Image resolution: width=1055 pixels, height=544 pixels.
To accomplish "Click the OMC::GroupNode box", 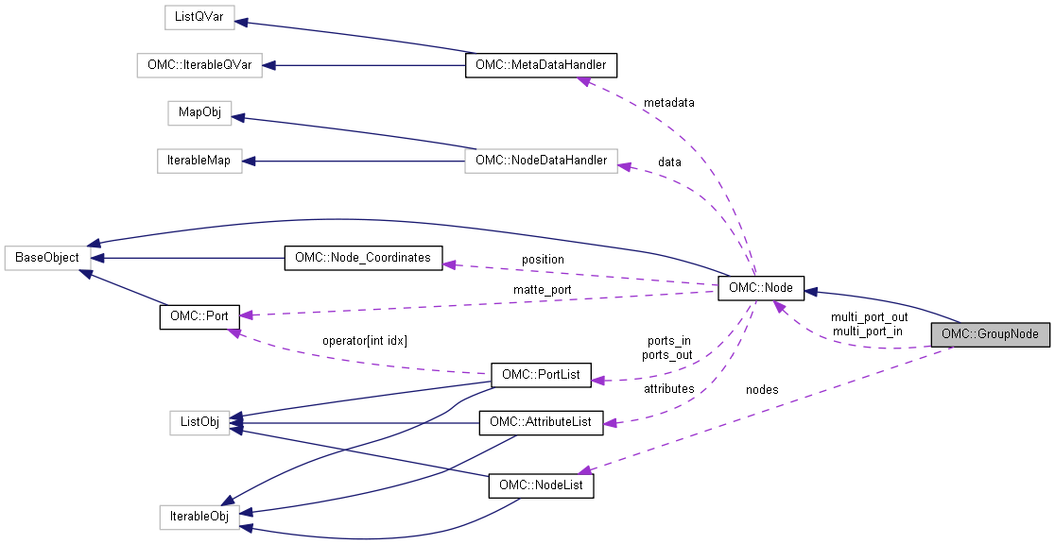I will [x=990, y=334].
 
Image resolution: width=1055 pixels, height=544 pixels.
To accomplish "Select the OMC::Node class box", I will [x=761, y=288].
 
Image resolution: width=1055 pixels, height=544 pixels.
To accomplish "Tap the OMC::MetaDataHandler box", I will [x=541, y=65].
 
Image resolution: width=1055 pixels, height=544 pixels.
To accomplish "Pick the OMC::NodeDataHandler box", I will [x=541, y=161].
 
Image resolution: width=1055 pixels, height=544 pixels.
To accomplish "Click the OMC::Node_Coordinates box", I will [x=363, y=257].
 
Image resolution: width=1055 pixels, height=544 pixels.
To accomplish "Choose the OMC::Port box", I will [x=199, y=316].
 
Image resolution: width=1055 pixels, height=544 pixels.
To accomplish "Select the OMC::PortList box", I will [x=541, y=375].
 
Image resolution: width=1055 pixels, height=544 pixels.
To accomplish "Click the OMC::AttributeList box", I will [x=541, y=422].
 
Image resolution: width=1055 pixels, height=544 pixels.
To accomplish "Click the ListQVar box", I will [x=199, y=17].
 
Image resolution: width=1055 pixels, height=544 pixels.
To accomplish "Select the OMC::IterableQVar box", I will [x=194, y=65].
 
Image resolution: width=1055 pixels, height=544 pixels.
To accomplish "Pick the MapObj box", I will [x=199, y=112].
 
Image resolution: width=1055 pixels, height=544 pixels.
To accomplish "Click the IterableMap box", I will [x=199, y=161].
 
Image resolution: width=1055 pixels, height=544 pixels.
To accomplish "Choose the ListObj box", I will [x=199, y=422].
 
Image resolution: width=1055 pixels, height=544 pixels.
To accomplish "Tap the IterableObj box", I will [x=199, y=517].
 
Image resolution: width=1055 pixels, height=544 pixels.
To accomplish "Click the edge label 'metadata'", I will [x=668, y=102].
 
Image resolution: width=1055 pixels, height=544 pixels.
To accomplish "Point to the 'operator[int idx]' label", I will [x=363, y=340].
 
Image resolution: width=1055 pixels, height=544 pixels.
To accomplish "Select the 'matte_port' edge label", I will [x=542, y=289].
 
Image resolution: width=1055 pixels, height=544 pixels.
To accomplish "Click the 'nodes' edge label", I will [x=762, y=389].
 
